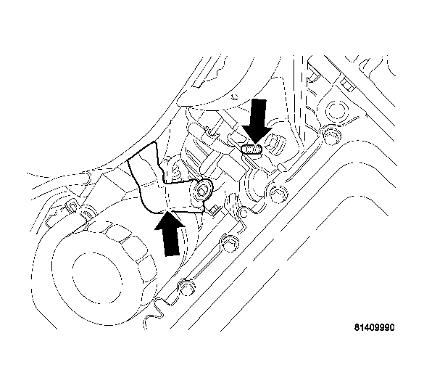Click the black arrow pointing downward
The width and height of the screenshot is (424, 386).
[x=257, y=120]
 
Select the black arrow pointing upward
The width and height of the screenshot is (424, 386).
[x=170, y=233]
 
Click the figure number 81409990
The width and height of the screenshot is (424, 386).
[x=375, y=327]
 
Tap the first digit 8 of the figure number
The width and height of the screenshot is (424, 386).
[x=357, y=327]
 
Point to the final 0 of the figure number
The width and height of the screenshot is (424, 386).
[x=392, y=327]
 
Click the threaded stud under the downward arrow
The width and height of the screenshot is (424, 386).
[x=252, y=149]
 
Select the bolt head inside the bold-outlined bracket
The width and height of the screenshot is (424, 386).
[x=202, y=190]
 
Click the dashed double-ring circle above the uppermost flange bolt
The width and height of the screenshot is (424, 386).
[x=336, y=110]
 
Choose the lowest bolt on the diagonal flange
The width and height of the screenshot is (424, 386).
[x=186, y=287]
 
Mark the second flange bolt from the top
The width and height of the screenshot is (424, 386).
[x=278, y=193]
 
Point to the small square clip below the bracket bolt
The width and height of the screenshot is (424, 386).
[x=215, y=210]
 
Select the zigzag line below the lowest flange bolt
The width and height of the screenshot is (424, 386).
[x=154, y=314]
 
